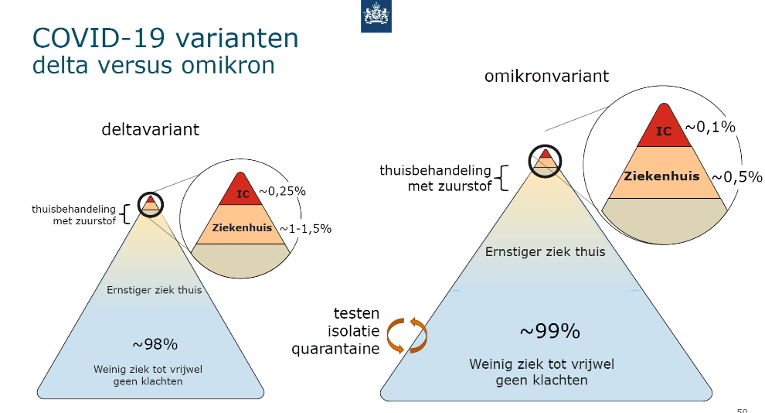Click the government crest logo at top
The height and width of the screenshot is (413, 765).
[x=376, y=16]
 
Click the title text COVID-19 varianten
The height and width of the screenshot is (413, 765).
[x=165, y=38]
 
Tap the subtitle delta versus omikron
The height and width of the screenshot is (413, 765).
[x=154, y=66]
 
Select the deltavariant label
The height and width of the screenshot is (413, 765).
[x=150, y=129]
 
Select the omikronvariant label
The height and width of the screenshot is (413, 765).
[x=546, y=76]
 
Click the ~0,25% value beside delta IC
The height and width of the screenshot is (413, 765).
[x=283, y=191]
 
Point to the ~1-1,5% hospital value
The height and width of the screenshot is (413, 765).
[x=305, y=228]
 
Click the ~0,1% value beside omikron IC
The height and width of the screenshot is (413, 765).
[x=710, y=127]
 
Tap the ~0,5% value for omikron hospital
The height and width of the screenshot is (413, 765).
[x=737, y=176]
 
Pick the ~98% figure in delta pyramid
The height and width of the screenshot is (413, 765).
[x=155, y=345]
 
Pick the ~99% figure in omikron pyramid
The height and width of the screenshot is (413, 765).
[x=550, y=332]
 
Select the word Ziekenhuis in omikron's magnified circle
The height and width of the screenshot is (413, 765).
[x=661, y=176]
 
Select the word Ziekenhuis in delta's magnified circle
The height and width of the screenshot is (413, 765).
[x=242, y=227]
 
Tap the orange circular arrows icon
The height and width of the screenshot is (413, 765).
[x=407, y=336]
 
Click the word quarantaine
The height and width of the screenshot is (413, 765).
[x=335, y=349]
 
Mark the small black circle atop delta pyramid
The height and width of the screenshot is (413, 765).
[x=150, y=204]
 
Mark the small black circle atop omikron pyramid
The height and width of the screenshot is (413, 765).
[x=545, y=161]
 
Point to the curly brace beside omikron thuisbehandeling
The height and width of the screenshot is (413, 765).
[x=502, y=178]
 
